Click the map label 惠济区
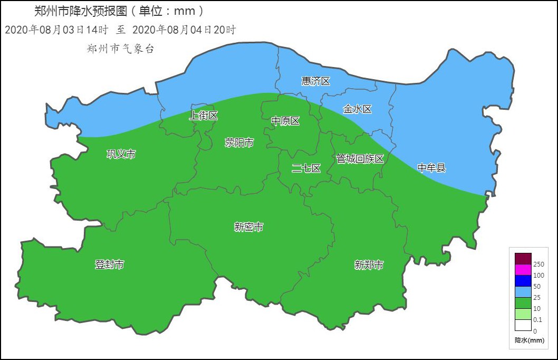coord(315,81)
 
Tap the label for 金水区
coord(357,109)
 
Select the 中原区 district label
coord(285,121)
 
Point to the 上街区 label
coord(203,116)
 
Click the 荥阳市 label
coord(239,143)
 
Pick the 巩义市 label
coord(121,154)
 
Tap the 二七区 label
coord(306,168)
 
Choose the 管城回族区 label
coord(360,158)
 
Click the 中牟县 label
coord(431,168)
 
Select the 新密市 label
coord(249,227)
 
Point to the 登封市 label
coord(109,264)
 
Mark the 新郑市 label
coord(369,265)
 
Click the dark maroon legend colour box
coord(523,259)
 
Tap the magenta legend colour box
coord(523,270)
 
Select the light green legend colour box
coord(523,314)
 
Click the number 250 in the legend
coord(538,264)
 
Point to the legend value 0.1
coord(537,320)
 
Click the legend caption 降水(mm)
coord(529,340)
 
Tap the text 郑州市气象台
coord(120,49)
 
